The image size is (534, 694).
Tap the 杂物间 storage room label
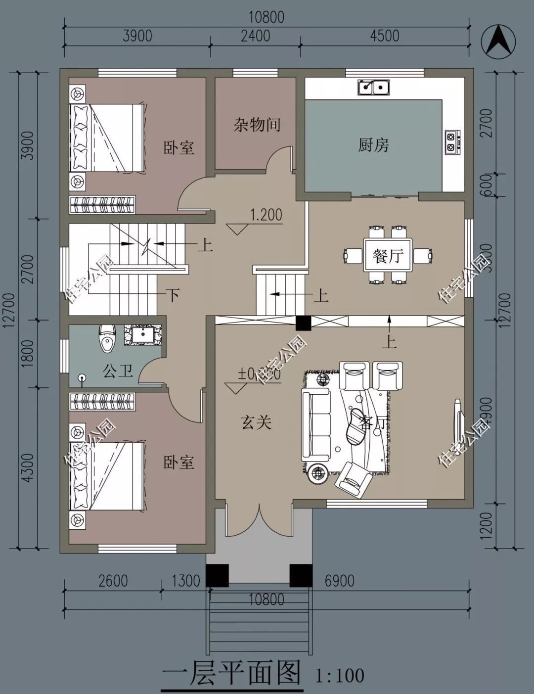(x=257, y=125)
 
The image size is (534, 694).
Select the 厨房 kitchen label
(x=373, y=145)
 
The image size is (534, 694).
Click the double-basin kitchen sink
(x=373, y=88)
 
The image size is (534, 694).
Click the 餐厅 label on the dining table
(x=388, y=256)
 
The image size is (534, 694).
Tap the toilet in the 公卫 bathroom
(x=106, y=338)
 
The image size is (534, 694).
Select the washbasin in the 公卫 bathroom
(x=143, y=334)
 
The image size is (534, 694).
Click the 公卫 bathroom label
(x=118, y=370)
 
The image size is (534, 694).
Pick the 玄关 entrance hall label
(x=256, y=422)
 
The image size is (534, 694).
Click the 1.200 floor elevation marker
(x=266, y=215)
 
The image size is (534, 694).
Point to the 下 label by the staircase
(x=172, y=295)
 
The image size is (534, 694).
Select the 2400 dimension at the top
(x=255, y=36)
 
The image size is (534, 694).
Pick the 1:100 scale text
(x=339, y=675)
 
